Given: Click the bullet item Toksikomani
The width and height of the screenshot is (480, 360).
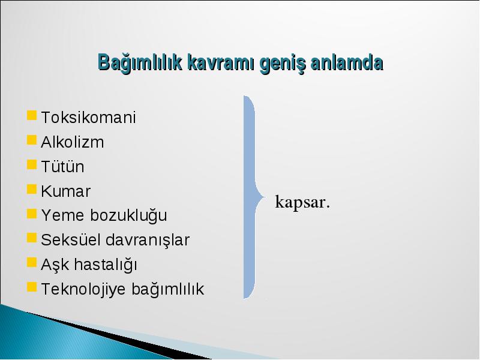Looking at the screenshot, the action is tap(88, 117).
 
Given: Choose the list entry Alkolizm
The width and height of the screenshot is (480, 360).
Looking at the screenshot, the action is tap(72, 142).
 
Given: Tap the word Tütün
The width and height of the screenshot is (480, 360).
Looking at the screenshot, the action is tap(62, 167).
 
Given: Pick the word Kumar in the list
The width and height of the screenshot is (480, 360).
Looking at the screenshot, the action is tap(65, 191).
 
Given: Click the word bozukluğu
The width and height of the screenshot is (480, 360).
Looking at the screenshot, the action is tap(128, 216).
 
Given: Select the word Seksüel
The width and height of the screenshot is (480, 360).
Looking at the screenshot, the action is tap(71, 239).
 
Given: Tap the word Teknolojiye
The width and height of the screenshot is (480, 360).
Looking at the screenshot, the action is tap(83, 290).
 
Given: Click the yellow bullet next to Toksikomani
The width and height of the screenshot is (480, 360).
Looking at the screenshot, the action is tap(32, 115).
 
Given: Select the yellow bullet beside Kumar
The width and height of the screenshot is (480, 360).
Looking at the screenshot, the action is tap(32, 189).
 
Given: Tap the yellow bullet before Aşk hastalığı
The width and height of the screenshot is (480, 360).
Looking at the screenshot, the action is tap(32, 262).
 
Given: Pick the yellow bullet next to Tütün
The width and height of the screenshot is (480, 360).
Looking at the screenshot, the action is tap(32, 164).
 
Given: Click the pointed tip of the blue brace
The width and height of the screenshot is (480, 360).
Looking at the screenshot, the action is tap(265, 197).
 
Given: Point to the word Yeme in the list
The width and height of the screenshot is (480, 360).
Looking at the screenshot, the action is tap(63, 215).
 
